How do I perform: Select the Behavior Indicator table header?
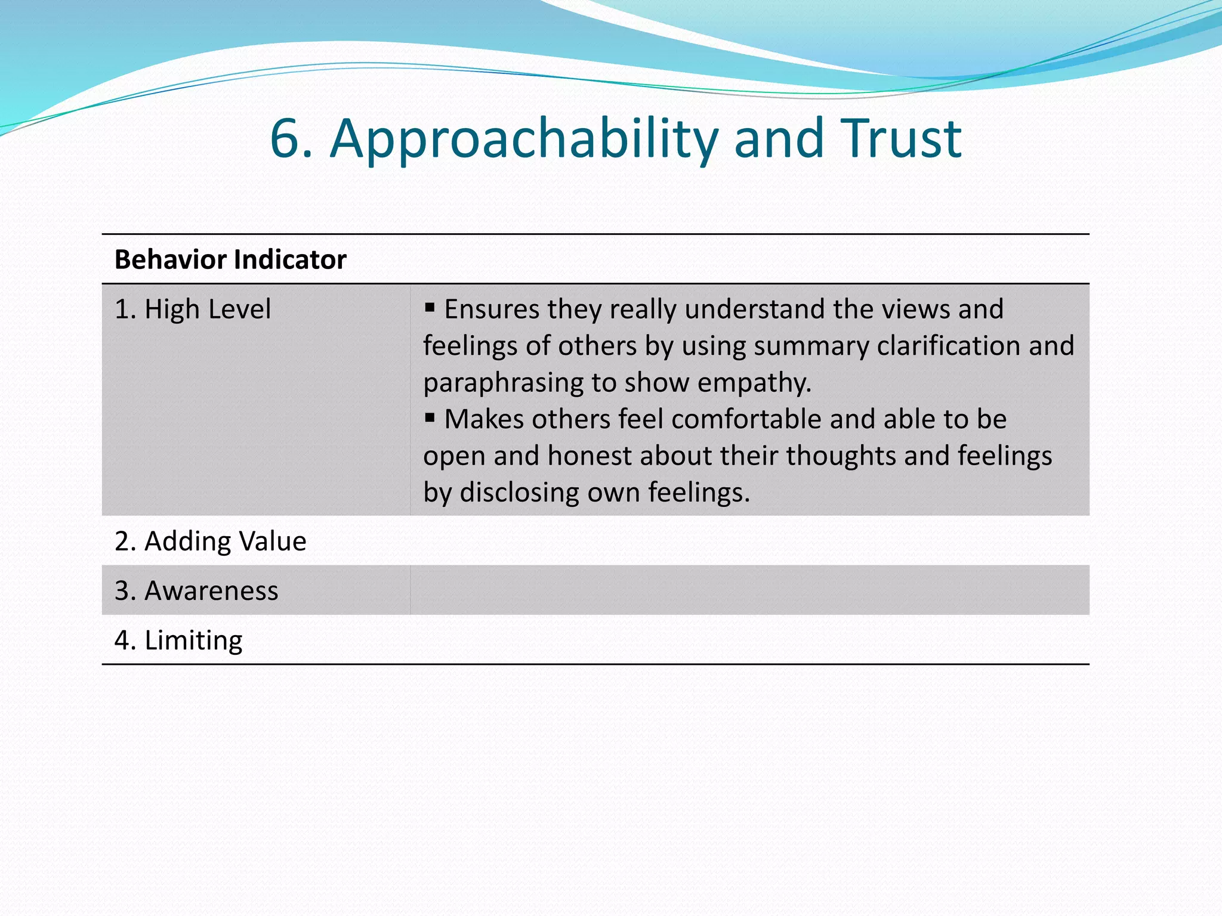230,260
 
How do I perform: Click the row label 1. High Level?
192,310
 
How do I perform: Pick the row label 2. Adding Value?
210,541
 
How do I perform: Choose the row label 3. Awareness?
196,591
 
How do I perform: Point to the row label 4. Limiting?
178,640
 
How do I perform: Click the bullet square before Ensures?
430,308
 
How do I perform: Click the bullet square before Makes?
430,417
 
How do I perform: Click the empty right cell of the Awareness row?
749,590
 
